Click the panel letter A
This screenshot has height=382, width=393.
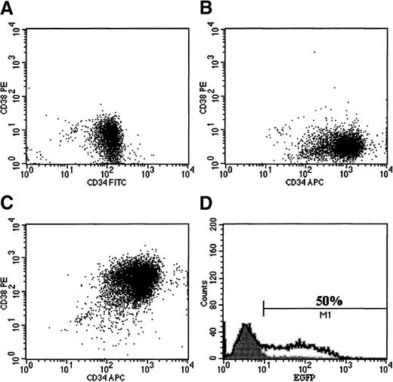[8, 9]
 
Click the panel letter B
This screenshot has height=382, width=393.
[206, 9]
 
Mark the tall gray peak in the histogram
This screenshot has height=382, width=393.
[245, 332]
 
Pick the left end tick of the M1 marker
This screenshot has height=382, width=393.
[264, 307]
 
